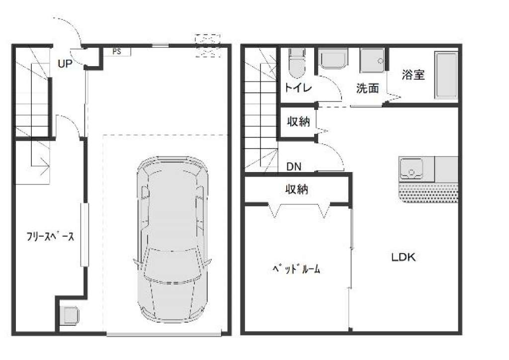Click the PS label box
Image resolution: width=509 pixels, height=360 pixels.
pyautogui.click(x=117, y=52)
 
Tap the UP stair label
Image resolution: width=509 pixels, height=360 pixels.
pyautogui.click(x=65, y=64)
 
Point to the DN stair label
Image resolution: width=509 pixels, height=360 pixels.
pyautogui.click(x=294, y=167)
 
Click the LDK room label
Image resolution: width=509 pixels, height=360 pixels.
pyautogui.click(x=403, y=257)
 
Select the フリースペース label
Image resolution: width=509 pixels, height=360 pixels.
pyautogui.click(x=50, y=236)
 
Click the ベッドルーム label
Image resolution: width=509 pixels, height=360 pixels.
pyautogui.click(x=296, y=269)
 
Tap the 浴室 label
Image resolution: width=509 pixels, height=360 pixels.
pyautogui.click(x=413, y=75)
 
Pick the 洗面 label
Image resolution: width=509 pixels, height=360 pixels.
pyautogui.click(x=368, y=88)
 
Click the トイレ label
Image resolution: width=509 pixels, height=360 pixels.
pyautogui.click(x=298, y=88)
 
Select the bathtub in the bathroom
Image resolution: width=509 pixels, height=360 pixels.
pyautogui.click(x=446, y=75)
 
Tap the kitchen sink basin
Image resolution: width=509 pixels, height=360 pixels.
pyautogui.click(x=412, y=169)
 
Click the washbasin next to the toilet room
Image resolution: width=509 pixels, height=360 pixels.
pyautogui.click(x=333, y=59)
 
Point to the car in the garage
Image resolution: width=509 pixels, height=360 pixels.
pyautogui.click(x=172, y=240)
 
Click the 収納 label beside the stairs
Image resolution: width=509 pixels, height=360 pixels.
pyautogui.click(x=298, y=122)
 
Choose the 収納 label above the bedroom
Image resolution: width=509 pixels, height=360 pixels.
pyautogui.click(x=297, y=189)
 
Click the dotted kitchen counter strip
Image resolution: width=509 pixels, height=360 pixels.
pyautogui.click(x=428, y=193)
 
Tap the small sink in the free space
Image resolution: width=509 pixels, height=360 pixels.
pyautogui.click(x=70, y=315)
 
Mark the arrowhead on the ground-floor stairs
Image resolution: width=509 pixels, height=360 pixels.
pyautogui.click(x=45, y=167)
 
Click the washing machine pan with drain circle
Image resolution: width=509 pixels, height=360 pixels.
pyautogui.click(x=373, y=60)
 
